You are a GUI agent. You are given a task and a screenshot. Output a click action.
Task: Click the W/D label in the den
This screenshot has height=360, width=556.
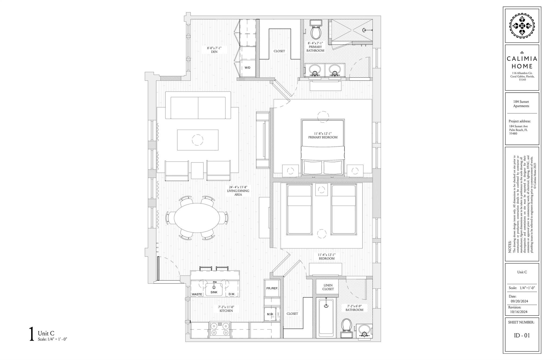(247, 68)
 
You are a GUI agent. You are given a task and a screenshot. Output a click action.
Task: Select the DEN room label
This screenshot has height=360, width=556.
(214, 52)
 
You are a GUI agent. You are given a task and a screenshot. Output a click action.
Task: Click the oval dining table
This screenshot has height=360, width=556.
(197, 218)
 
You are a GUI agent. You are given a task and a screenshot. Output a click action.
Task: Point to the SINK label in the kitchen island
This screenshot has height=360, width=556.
(214, 292)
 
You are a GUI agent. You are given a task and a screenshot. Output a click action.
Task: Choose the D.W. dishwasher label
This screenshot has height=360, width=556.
(232, 294)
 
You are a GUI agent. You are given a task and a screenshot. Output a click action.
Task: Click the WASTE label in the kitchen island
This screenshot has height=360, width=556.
(197, 294)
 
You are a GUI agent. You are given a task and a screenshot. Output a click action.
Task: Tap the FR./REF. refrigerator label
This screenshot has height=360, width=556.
(272, 288)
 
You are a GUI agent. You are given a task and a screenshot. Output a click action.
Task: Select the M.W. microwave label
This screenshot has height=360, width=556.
(270, 314)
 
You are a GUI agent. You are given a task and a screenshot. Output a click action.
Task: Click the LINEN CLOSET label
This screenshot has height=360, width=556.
(328, 287)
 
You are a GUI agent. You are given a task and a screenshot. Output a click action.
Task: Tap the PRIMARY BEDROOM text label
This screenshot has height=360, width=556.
(323, 137)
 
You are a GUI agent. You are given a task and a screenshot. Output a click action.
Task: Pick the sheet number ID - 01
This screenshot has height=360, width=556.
(522, 336)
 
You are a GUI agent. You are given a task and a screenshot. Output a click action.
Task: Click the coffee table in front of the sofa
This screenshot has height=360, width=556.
(198, 140)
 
